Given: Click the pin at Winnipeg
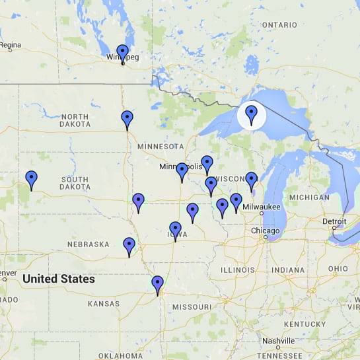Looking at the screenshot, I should tap(122, 52).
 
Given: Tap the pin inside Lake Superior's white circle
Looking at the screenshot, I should tap(251, 114).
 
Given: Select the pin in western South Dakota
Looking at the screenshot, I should tap(31, 178).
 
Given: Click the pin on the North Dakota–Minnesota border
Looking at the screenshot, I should tap(127, 119).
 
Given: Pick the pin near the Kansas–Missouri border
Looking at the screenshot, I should tap(157, 284).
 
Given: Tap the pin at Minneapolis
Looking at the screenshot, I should tap(182, 171).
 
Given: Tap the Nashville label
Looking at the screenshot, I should tap(277, 341).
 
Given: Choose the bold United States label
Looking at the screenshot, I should tap(58, 279).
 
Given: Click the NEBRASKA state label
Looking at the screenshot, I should tap(88, 244).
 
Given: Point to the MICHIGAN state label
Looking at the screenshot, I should tap(309, 197).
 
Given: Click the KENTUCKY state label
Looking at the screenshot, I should tap(305, 324).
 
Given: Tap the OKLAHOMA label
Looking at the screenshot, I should tap(120, 355).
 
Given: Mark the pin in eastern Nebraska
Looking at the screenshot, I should tap(129, 246).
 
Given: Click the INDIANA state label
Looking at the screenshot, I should tap(287, 270).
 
